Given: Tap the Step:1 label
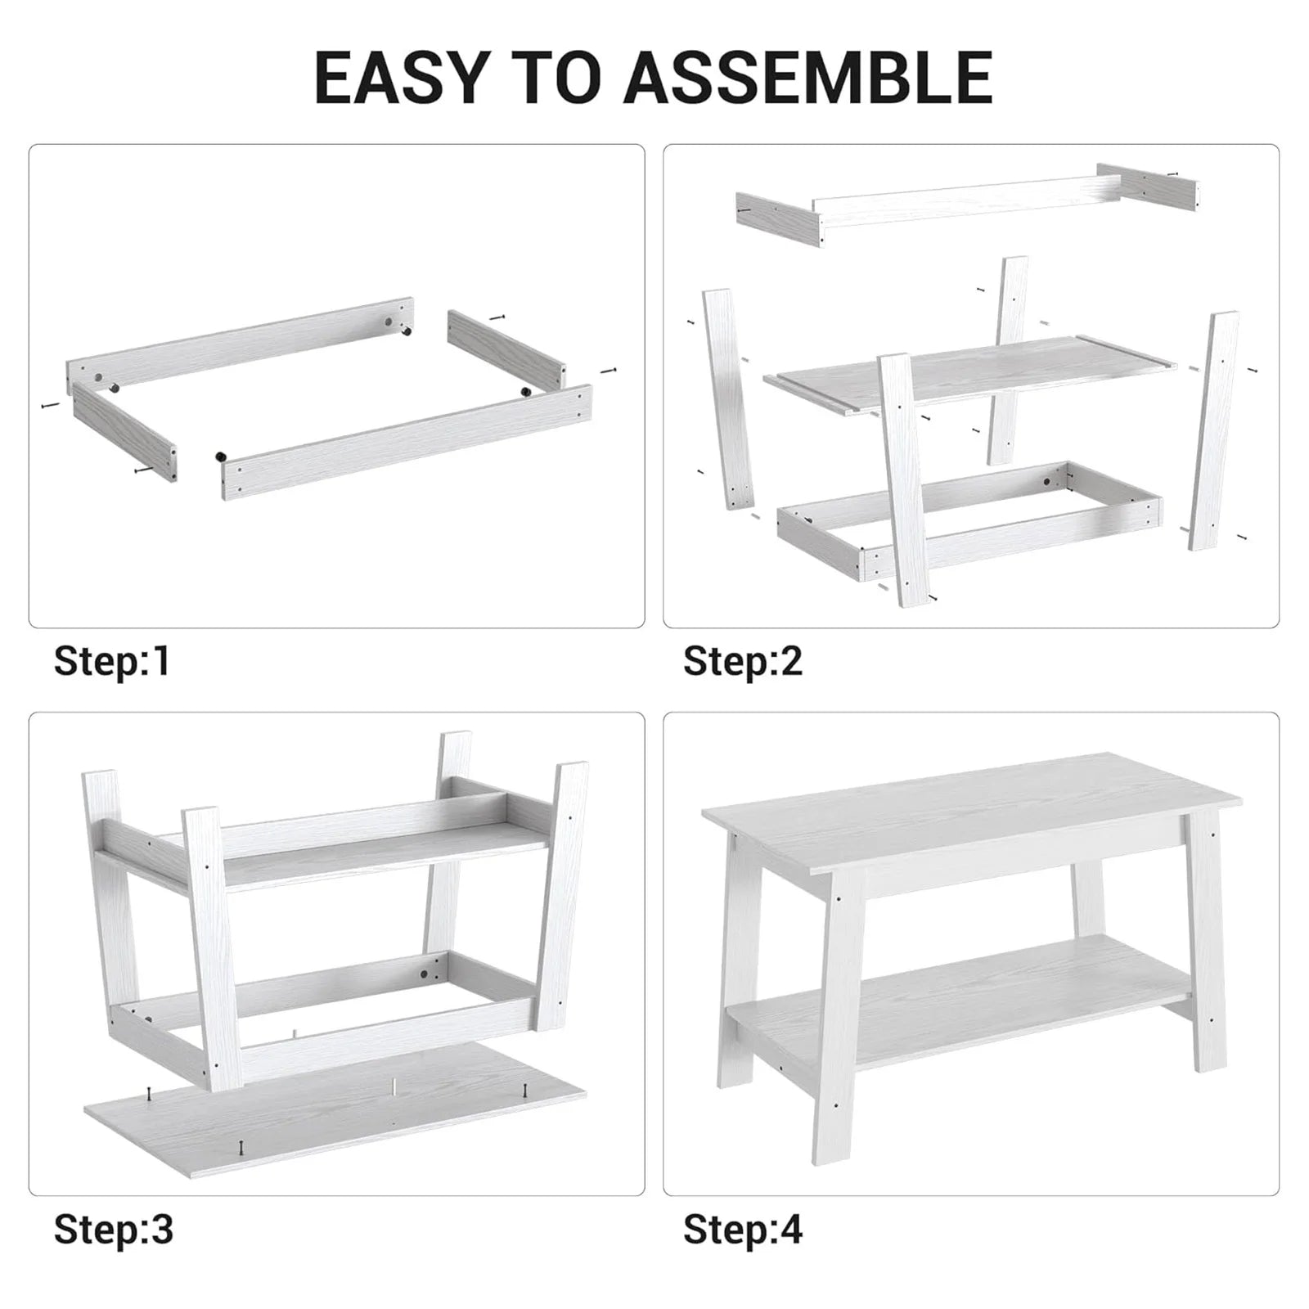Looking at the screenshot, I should click(112, 661).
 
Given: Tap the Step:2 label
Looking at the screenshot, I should click(743, 661).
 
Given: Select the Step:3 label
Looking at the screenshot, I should click(114, 1230).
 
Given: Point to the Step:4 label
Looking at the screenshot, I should click(743, 1230).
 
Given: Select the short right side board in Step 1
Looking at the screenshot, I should click(506, 347).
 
